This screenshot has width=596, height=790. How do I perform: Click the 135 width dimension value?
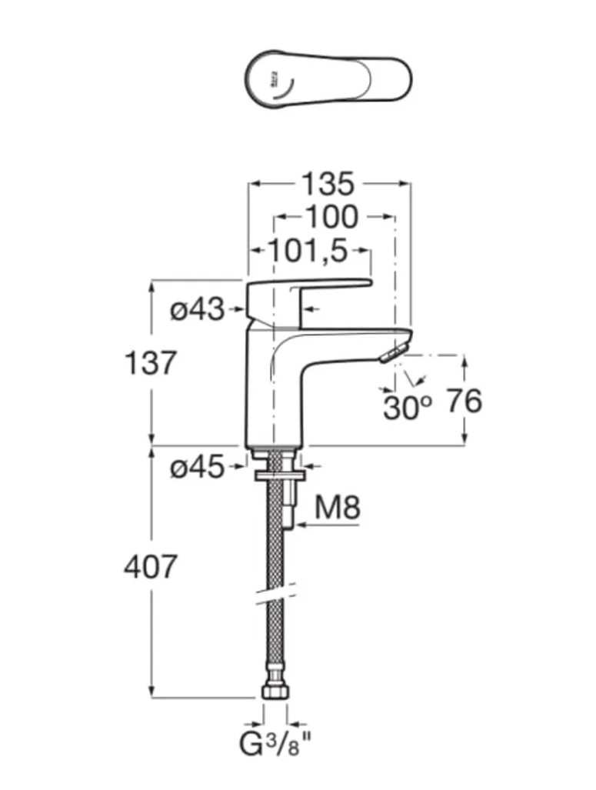point(328,185)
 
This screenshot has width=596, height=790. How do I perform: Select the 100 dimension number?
point(331,218)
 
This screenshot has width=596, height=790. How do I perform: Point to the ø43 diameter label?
point(198,310)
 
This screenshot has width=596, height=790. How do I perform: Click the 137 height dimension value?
point(151,362)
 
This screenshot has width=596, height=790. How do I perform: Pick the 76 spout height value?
point(463,401)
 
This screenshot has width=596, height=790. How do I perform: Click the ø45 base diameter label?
point(197,467)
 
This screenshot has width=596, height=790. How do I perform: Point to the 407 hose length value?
point(151,568)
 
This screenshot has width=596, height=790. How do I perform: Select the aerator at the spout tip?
point(392,353)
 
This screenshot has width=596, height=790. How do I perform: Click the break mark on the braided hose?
point(275,595)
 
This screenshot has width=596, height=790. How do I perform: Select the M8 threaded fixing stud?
point(290,504)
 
